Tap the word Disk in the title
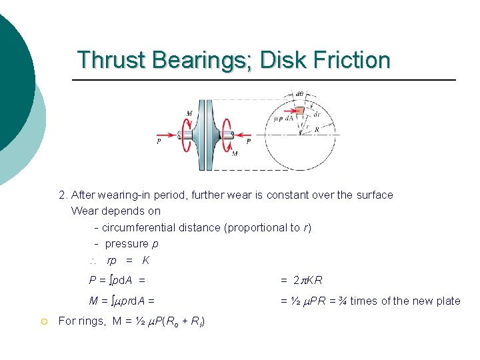tap(281, 60)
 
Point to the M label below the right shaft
tap(234, 154)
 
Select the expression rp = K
tap(128, 260)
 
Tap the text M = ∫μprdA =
tap(122, 301)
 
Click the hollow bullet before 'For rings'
tap(44, 321)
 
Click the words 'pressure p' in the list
tap(131, 244)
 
